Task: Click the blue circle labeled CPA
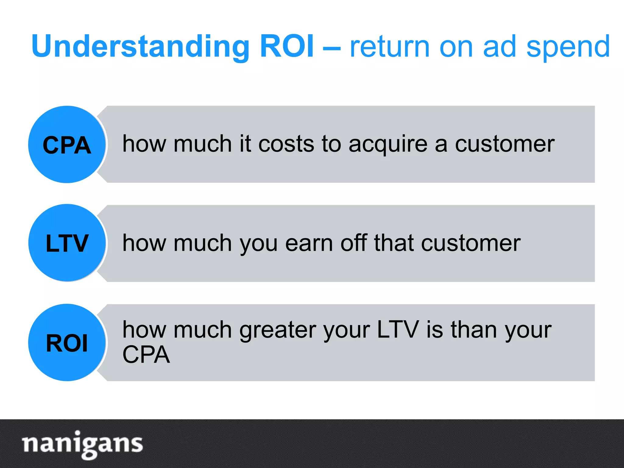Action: (x=67, y=144)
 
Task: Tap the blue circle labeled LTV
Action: (x=67, y=243)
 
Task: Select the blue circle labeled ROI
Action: (x=67, y=342)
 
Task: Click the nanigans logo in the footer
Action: (x=82, y=444)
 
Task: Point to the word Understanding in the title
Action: (x=140, y=47)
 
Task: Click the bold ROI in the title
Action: (x=287, y=46)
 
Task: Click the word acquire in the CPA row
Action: (x=388, y=144)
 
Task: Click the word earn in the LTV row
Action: (x=309, y=243)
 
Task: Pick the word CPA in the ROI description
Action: (x=146, y=355)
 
